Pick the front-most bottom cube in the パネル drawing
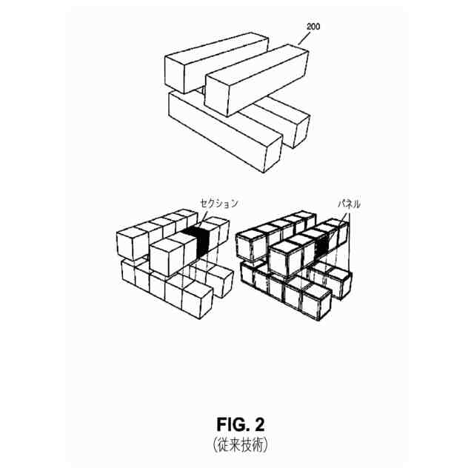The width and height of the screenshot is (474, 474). click(316, 302)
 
